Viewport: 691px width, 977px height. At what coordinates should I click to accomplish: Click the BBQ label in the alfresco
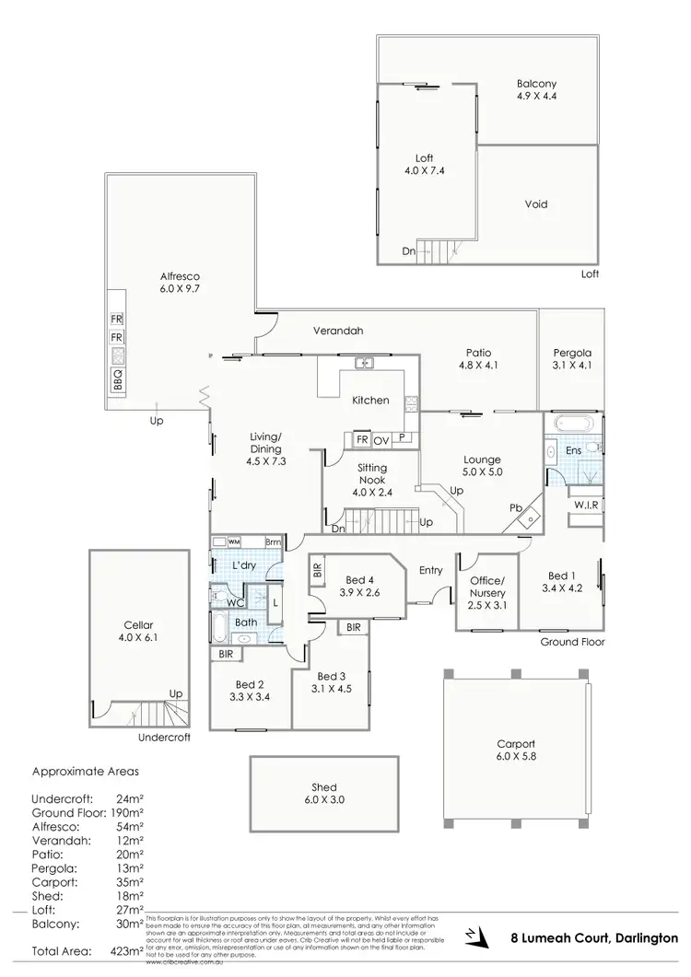(118, 380)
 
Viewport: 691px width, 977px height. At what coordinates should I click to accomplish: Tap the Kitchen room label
(370, 401)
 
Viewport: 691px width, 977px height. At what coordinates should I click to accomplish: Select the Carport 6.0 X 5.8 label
(515, 750)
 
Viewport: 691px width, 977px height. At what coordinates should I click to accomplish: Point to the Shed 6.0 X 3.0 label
(324, 793)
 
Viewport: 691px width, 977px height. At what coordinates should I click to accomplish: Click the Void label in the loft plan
(536, 204)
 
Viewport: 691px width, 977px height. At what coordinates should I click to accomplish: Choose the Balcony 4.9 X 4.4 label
(535, 88)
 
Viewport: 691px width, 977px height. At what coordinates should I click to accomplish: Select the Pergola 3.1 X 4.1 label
(572, 358)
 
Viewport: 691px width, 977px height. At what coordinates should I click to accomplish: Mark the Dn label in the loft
(408, 251)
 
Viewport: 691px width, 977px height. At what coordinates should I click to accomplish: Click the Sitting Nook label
(371, 474)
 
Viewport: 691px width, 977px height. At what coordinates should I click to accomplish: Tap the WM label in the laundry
(233, 542)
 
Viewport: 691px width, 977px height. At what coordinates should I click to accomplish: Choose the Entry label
(431, 571)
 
